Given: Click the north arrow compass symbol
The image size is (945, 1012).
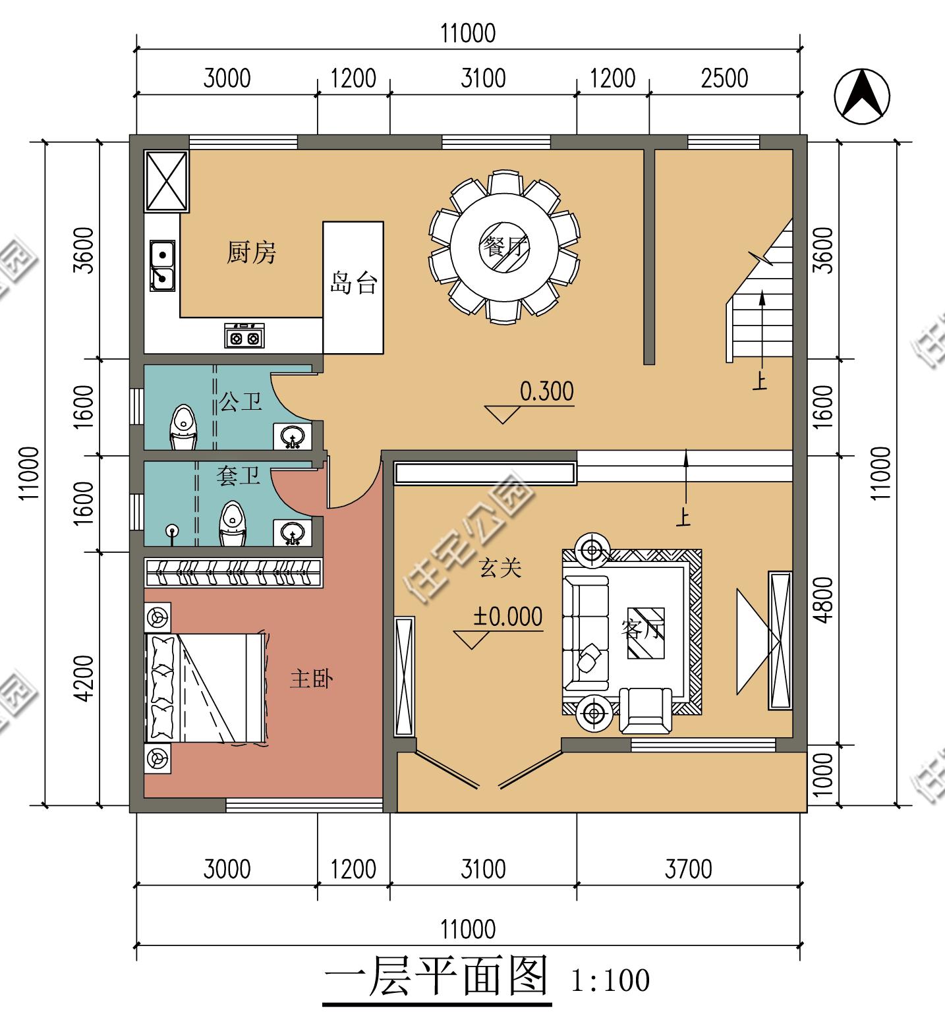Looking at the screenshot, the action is coord(862,96).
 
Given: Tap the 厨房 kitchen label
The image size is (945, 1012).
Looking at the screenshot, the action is coord(251,252).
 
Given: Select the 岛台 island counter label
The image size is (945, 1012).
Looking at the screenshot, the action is coord(353,283).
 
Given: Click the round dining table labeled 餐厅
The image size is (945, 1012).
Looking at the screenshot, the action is coord(504,248).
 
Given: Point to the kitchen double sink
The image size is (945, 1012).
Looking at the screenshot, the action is coord(162,266).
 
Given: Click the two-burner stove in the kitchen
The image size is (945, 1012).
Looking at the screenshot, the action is coord(244,335).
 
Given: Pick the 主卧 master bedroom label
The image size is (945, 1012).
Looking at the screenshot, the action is coord(311,679).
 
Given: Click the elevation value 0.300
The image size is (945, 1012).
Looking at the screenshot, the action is coord(546,391).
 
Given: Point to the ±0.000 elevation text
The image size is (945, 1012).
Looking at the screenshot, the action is coord(507,617).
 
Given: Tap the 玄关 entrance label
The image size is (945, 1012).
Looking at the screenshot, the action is coord(500,568).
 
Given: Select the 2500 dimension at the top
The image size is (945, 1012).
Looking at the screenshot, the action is coord(725,78).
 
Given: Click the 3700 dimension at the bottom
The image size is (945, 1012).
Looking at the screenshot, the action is coord(688,869).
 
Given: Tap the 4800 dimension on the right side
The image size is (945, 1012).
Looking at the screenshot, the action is coord(824,600).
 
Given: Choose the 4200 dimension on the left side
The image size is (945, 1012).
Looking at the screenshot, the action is coord(84,678).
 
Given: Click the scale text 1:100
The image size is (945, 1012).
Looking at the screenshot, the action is coord(610,980).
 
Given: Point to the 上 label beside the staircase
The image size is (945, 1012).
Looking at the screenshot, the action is coord(760,381).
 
